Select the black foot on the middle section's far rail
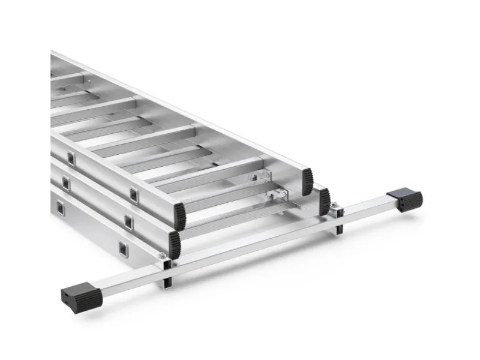[325, 201]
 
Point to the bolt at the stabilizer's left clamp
[162, 256]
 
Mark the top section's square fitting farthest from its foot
[71, 158]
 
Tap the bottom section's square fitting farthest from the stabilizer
[60, 207]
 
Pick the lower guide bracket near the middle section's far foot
[278, 195]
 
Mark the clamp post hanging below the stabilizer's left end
[166, 280]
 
